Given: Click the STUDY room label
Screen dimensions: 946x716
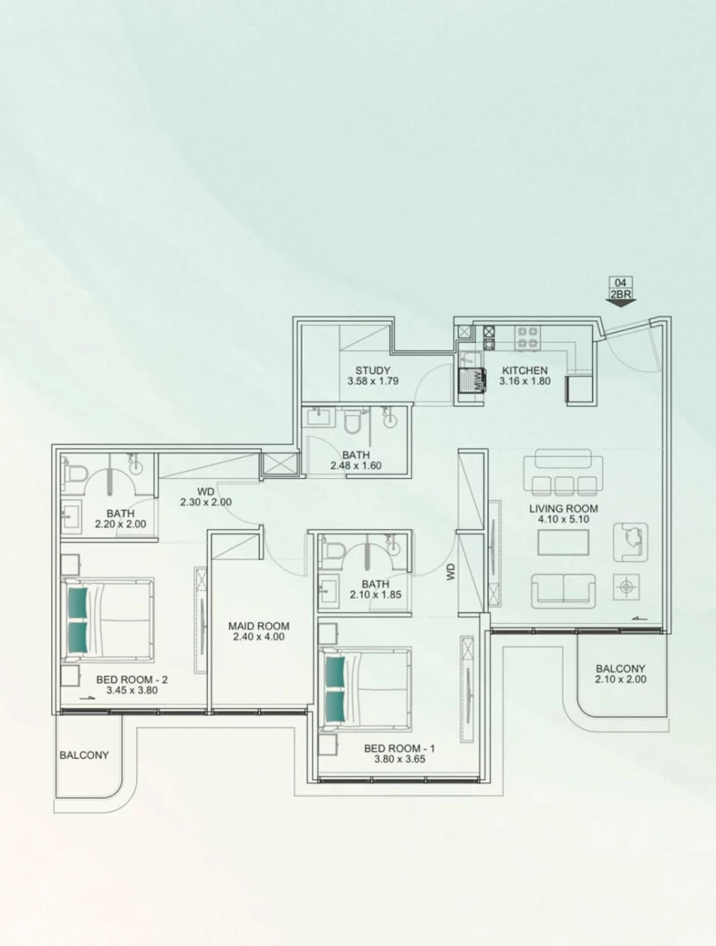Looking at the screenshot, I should click(372, 371).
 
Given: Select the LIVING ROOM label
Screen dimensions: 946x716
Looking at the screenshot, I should click(563, 508).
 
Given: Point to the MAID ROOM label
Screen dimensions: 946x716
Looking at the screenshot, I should click(258, 626).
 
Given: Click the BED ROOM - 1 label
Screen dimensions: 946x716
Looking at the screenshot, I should click(399, 749).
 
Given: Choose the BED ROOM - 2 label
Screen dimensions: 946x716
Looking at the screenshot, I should click(131, 679).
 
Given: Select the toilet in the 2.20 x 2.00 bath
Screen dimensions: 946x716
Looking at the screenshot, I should click(76, 475).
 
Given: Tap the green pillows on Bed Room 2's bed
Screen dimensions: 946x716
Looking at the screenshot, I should click(77, 618).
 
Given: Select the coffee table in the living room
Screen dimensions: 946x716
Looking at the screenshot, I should click(563, 543).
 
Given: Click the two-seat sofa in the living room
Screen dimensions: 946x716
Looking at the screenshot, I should click(563, 590).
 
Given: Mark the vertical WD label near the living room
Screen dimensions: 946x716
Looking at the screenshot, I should click(451, 571).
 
